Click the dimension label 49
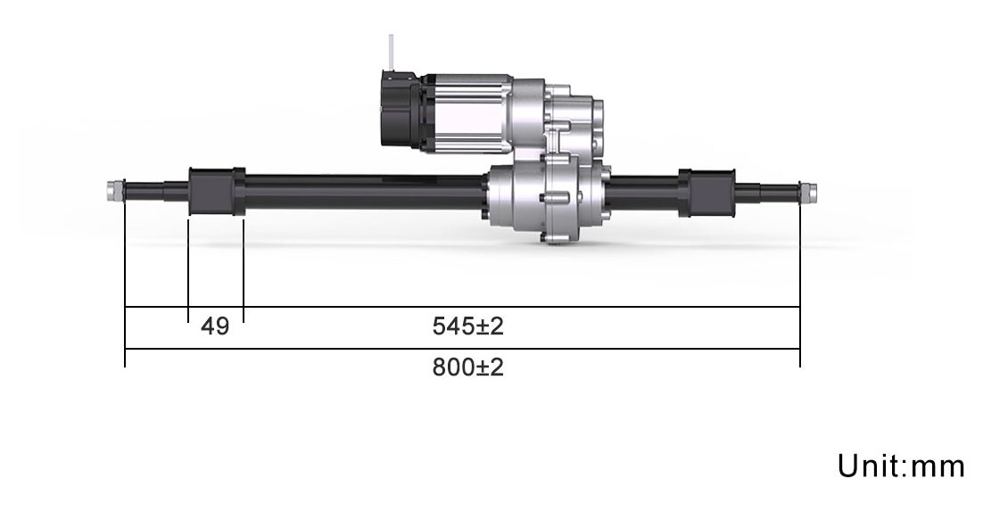click(215, 326)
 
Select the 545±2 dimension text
click(467, 326)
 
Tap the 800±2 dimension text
click(467, 367)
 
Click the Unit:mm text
click(901, 466)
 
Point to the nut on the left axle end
click(114, 190)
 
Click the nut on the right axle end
click(807, 191)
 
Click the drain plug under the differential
click(553, 238)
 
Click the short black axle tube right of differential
click(642, 190)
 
